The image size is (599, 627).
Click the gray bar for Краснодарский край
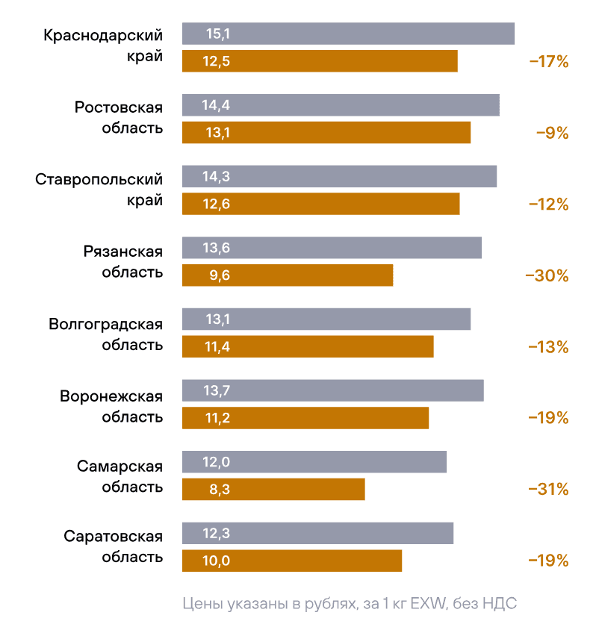point(348,34)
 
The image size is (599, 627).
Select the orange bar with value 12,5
point(320,61)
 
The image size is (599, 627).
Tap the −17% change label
point(549,62)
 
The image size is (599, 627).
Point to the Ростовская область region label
point(119,116)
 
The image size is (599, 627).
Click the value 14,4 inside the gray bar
point(216,105)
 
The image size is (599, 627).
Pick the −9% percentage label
point(553,134)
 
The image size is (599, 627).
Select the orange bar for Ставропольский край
point(321,204)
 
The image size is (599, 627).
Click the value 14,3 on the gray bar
point(216,177)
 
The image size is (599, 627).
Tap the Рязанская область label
point(122,261)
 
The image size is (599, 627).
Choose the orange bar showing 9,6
point(288,275)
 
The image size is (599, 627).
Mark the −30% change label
point(547,276)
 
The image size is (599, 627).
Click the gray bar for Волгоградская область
point(326,319)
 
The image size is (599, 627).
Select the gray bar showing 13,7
point(333,390)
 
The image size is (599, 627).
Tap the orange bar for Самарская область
point(273,490)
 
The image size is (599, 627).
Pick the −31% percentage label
point(549,490)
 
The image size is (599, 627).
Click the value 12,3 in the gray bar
point(216,533)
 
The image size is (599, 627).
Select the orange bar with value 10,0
point(292,561)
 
